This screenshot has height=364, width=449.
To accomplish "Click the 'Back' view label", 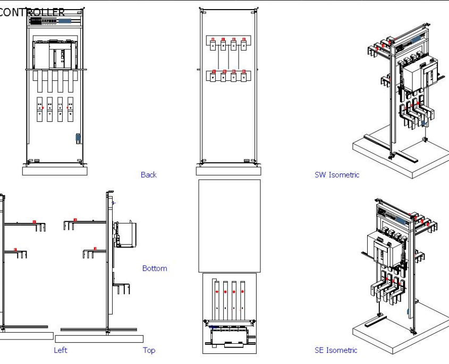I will point(149,175).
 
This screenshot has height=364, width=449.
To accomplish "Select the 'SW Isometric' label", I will point(336,175).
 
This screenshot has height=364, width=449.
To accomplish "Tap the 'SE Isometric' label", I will point(336,350).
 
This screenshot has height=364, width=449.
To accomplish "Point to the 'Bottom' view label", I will point(155,268).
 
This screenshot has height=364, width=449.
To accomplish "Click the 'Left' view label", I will point(61,350).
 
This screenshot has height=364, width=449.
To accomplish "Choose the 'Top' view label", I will point(149,350).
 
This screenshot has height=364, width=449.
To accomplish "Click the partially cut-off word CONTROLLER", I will point(32,12).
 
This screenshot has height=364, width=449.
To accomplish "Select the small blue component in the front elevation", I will point(78,138).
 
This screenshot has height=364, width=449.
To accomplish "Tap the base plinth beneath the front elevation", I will point(54,170).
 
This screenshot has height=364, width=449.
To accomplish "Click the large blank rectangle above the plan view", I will point(229,226).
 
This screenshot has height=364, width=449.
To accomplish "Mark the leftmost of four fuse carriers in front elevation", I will point(39,109).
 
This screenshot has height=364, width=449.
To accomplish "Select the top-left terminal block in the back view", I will point(213,45).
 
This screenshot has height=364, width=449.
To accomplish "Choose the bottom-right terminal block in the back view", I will point(244,76).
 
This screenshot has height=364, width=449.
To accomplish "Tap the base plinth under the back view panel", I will point(228,171).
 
